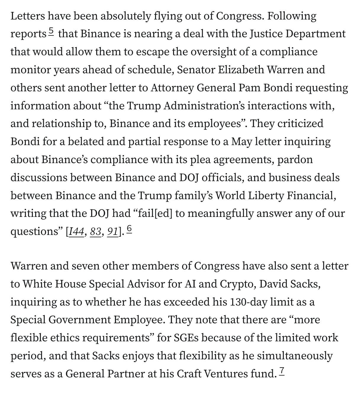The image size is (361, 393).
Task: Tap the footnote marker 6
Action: tap(129, 229)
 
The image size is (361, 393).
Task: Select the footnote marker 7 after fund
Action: tap(282, 371)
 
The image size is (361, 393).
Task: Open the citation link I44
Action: tap(76, 231)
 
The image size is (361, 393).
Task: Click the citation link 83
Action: tap(96, 231)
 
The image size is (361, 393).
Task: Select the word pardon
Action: tap(295, 160)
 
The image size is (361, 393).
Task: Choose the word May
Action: tap(242, 142)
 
